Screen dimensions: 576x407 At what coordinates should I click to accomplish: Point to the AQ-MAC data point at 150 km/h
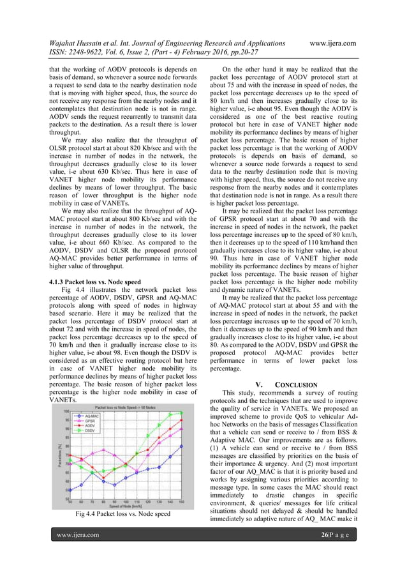click(182, 446)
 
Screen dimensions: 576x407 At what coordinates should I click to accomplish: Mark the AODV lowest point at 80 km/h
click(103, 478)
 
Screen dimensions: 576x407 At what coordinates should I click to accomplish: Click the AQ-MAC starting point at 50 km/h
click(70, 490)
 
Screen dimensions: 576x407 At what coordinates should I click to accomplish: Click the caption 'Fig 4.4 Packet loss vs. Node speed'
click(123, 513)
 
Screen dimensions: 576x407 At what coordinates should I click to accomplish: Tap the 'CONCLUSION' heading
click(296, 384)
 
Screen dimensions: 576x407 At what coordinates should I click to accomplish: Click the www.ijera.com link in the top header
click(332, 43)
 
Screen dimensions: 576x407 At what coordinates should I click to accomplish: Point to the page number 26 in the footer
click(325, 552)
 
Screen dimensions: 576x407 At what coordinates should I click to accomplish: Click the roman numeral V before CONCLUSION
click(258, 384)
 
